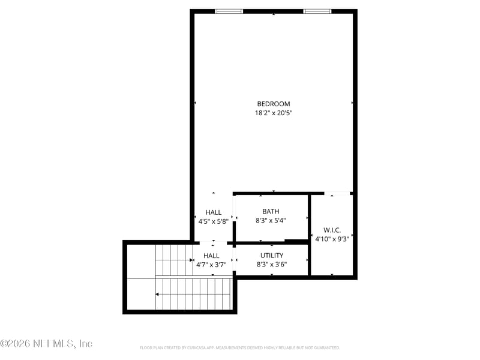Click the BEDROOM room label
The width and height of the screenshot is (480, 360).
pyautogui.click(x=274, y=104)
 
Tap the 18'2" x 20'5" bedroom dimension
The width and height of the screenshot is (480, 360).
pyautogui.click(x=274, y=113)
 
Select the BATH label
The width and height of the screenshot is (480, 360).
pyautogui.click(x=271, y=211)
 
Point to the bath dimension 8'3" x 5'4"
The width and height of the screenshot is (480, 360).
pyautogui.click(x=271, y=220)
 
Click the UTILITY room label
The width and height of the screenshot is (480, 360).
pyautogui.click(x=271, y=256)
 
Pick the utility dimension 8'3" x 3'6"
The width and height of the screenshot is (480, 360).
pyautogui.click(x=271, y=265)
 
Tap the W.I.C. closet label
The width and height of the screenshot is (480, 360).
pyautogui.click(x=332, y=230)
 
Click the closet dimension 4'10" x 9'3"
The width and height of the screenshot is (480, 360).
pyautogui.click(x=332, y=238)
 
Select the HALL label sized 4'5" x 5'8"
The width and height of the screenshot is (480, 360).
pyautogui.click(x=213, y=212)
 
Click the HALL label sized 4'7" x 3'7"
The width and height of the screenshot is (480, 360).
pyautogui.click(x=212, y=256)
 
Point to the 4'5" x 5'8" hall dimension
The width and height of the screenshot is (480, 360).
pyautogui.click(x=213, y=221)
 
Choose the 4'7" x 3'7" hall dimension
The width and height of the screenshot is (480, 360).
pyautogui.click(x=212, y=265)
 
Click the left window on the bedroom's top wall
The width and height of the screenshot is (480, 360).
pyautogui.click(x=229, y=11)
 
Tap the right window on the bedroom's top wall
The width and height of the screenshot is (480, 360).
pyautogui.click(x=317, y=11)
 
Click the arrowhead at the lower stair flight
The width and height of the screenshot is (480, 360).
pyautogui.click(x=157, y=295)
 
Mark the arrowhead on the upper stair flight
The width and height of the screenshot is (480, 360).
pyautogui.click(x=191, y=261)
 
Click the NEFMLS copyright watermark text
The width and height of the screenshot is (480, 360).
pyautogui.click(x=46, y=344)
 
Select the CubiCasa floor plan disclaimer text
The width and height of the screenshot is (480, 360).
pyautogui.click(x=240, y=347)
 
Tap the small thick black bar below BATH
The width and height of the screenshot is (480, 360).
pyautogui.click(x=296, y=241)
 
